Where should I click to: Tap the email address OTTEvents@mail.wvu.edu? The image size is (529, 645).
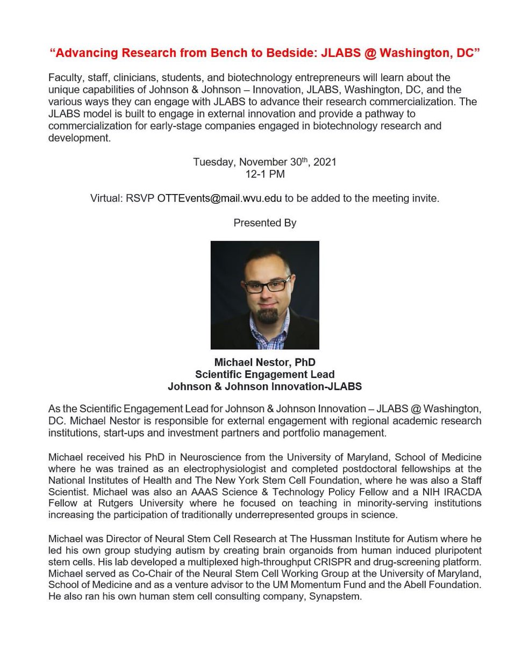pos(219,198)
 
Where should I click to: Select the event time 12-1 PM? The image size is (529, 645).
pos(264,174)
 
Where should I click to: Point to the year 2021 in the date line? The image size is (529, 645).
pos(325,162)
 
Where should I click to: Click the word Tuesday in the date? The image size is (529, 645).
pos(214,162)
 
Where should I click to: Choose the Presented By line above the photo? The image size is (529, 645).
pos(264,223)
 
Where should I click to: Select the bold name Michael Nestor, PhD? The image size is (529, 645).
pos(264,362)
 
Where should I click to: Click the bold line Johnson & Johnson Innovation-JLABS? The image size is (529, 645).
pos(264,386)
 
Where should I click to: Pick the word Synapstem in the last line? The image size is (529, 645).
pos(334,597)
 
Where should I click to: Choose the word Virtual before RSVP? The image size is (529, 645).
pos(106,198)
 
